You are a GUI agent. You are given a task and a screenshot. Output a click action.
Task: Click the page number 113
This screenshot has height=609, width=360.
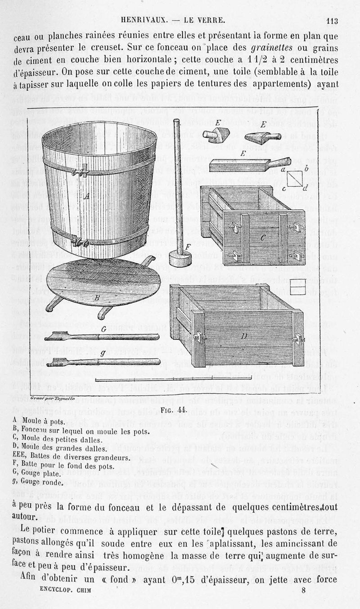(x=333, y=20)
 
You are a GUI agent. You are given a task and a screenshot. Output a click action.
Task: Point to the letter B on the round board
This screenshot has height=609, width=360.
(x=96, y=298)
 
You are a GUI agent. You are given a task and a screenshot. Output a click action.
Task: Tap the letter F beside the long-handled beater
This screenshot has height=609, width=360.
(x=188, y=247)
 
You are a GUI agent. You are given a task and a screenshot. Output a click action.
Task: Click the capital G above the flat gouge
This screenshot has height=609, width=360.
(x=103, y=329)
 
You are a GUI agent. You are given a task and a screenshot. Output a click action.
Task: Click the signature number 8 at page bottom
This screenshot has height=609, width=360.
(x=304, y=601)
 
